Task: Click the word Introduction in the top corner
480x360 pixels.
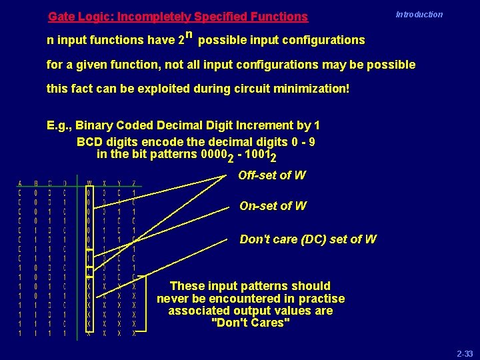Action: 419,14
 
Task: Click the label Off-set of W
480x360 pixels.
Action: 271,175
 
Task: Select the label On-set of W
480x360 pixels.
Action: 273,206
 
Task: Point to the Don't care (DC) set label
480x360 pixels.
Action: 307,239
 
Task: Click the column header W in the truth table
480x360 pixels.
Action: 89,183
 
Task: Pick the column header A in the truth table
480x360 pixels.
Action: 19,183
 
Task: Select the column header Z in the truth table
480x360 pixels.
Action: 134,183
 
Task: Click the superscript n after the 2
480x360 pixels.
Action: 189,35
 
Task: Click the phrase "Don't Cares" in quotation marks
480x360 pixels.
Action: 250,323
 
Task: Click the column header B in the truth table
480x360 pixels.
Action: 35,183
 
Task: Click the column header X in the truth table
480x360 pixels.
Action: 105,183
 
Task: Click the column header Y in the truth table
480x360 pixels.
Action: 119,183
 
